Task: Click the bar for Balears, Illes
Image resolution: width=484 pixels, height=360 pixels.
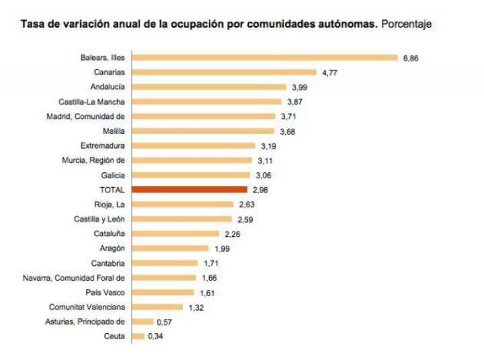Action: (265, 58)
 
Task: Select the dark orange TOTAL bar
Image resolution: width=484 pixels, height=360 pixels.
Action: (190, 190)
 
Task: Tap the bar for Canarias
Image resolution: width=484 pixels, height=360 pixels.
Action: (224, 72)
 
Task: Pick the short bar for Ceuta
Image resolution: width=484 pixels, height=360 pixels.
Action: (138, 336)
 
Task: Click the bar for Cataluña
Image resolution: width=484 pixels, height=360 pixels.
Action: (175, 233)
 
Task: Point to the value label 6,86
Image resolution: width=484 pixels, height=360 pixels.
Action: (411, 59)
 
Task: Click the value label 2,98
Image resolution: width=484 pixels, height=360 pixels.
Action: (259, 190)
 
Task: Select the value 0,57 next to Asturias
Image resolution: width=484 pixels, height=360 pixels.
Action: (164, 322)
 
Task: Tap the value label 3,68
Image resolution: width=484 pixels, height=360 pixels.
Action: (287, 131)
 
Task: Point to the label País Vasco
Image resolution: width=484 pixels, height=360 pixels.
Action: (106, 292)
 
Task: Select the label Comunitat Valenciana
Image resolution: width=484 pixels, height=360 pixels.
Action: (87, 307)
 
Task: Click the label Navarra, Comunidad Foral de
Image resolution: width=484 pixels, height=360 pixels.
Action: (74, 277)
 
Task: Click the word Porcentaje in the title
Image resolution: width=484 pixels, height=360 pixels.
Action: (406, 24)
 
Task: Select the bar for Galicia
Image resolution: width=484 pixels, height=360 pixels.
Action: (192, 175)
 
